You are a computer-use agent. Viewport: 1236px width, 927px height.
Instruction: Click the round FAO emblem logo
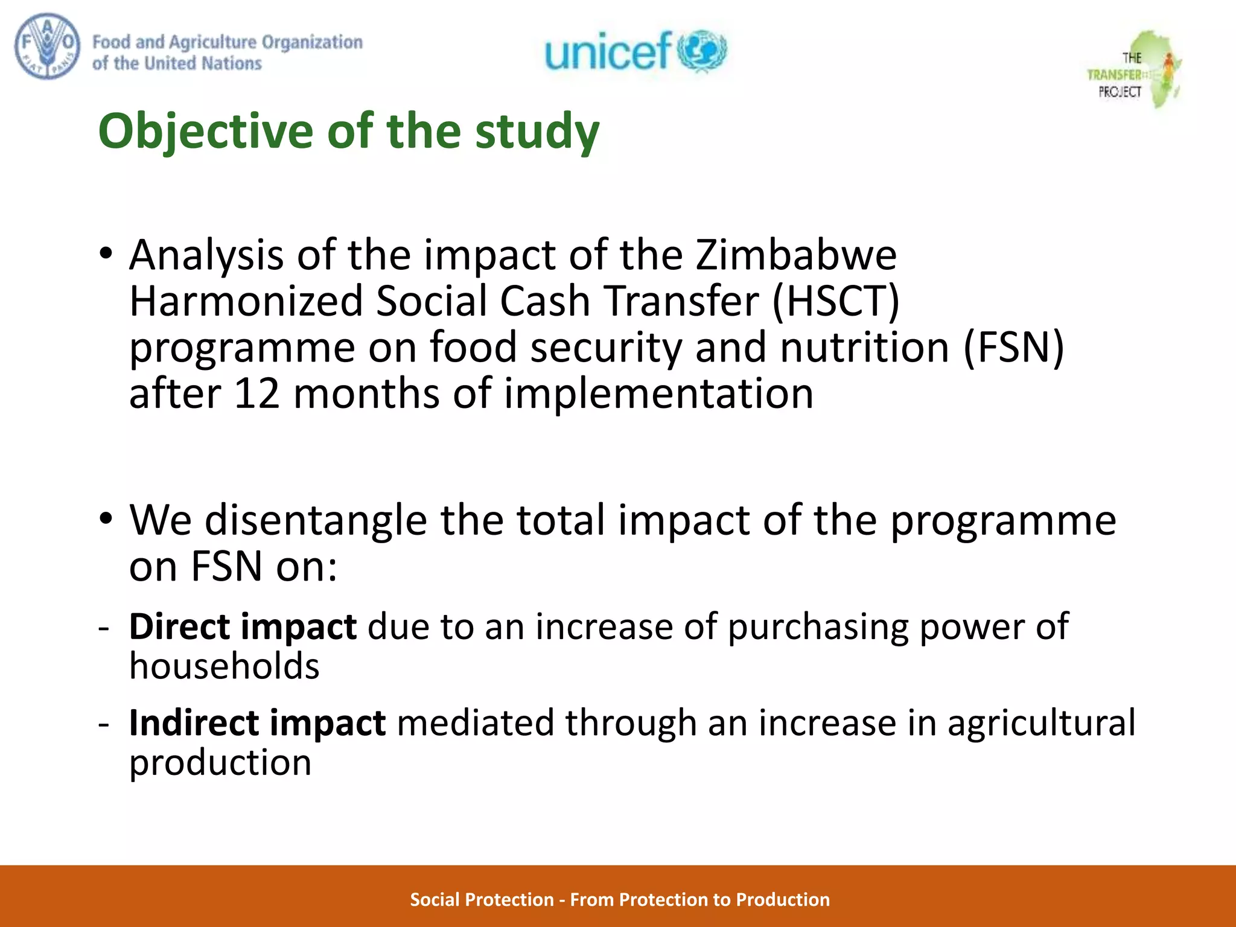click(47, 46)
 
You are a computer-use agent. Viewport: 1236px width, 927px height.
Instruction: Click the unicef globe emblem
click(703, 51)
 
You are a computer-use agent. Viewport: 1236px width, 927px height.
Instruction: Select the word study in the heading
click(537, 132)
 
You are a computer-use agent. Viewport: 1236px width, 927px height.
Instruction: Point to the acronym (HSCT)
click(836, 301)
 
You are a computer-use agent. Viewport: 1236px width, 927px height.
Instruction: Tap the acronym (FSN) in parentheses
click(1013, 348)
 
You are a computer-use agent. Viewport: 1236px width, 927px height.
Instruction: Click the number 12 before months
click(256, 394)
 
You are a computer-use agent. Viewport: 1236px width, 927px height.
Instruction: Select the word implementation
click(658, 394)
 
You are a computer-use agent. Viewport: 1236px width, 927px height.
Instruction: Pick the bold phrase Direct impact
click(243, 627)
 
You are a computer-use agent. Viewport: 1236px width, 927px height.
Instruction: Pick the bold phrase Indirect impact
click(257, 723)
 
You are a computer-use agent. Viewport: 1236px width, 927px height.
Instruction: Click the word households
click(224, 666)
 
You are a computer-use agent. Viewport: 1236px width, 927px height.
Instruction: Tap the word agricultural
click(1041, 723)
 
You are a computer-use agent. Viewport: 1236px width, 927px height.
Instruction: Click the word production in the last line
click(220, 763)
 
